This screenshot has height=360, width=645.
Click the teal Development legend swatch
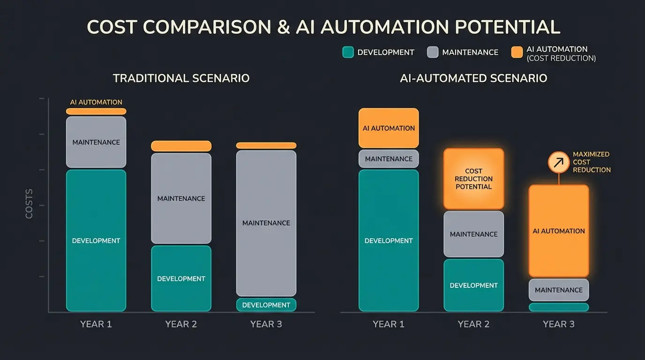348,52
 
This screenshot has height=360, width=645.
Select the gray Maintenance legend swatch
433,52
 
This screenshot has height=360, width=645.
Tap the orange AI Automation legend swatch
517,52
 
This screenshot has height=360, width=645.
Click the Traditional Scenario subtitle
181,78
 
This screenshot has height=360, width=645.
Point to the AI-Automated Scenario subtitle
473,78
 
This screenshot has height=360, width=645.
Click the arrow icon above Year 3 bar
559,162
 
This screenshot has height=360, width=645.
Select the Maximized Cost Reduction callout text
591,162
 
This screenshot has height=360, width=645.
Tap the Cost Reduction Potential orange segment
473,179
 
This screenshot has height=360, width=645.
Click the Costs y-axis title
29,204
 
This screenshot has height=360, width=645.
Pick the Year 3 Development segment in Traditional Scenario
266,305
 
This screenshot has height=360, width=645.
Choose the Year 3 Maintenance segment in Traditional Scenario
266,223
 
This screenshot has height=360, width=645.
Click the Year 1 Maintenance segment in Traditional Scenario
96,142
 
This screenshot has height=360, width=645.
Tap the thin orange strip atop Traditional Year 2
181,146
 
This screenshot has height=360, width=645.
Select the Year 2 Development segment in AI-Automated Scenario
473,285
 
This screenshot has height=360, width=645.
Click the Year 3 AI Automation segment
559,231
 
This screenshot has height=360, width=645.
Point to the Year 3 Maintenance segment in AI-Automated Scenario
559,290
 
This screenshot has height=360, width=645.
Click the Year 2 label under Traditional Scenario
181,324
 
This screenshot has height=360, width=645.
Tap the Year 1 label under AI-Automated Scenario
388,324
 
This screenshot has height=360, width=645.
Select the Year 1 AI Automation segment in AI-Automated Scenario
389,128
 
